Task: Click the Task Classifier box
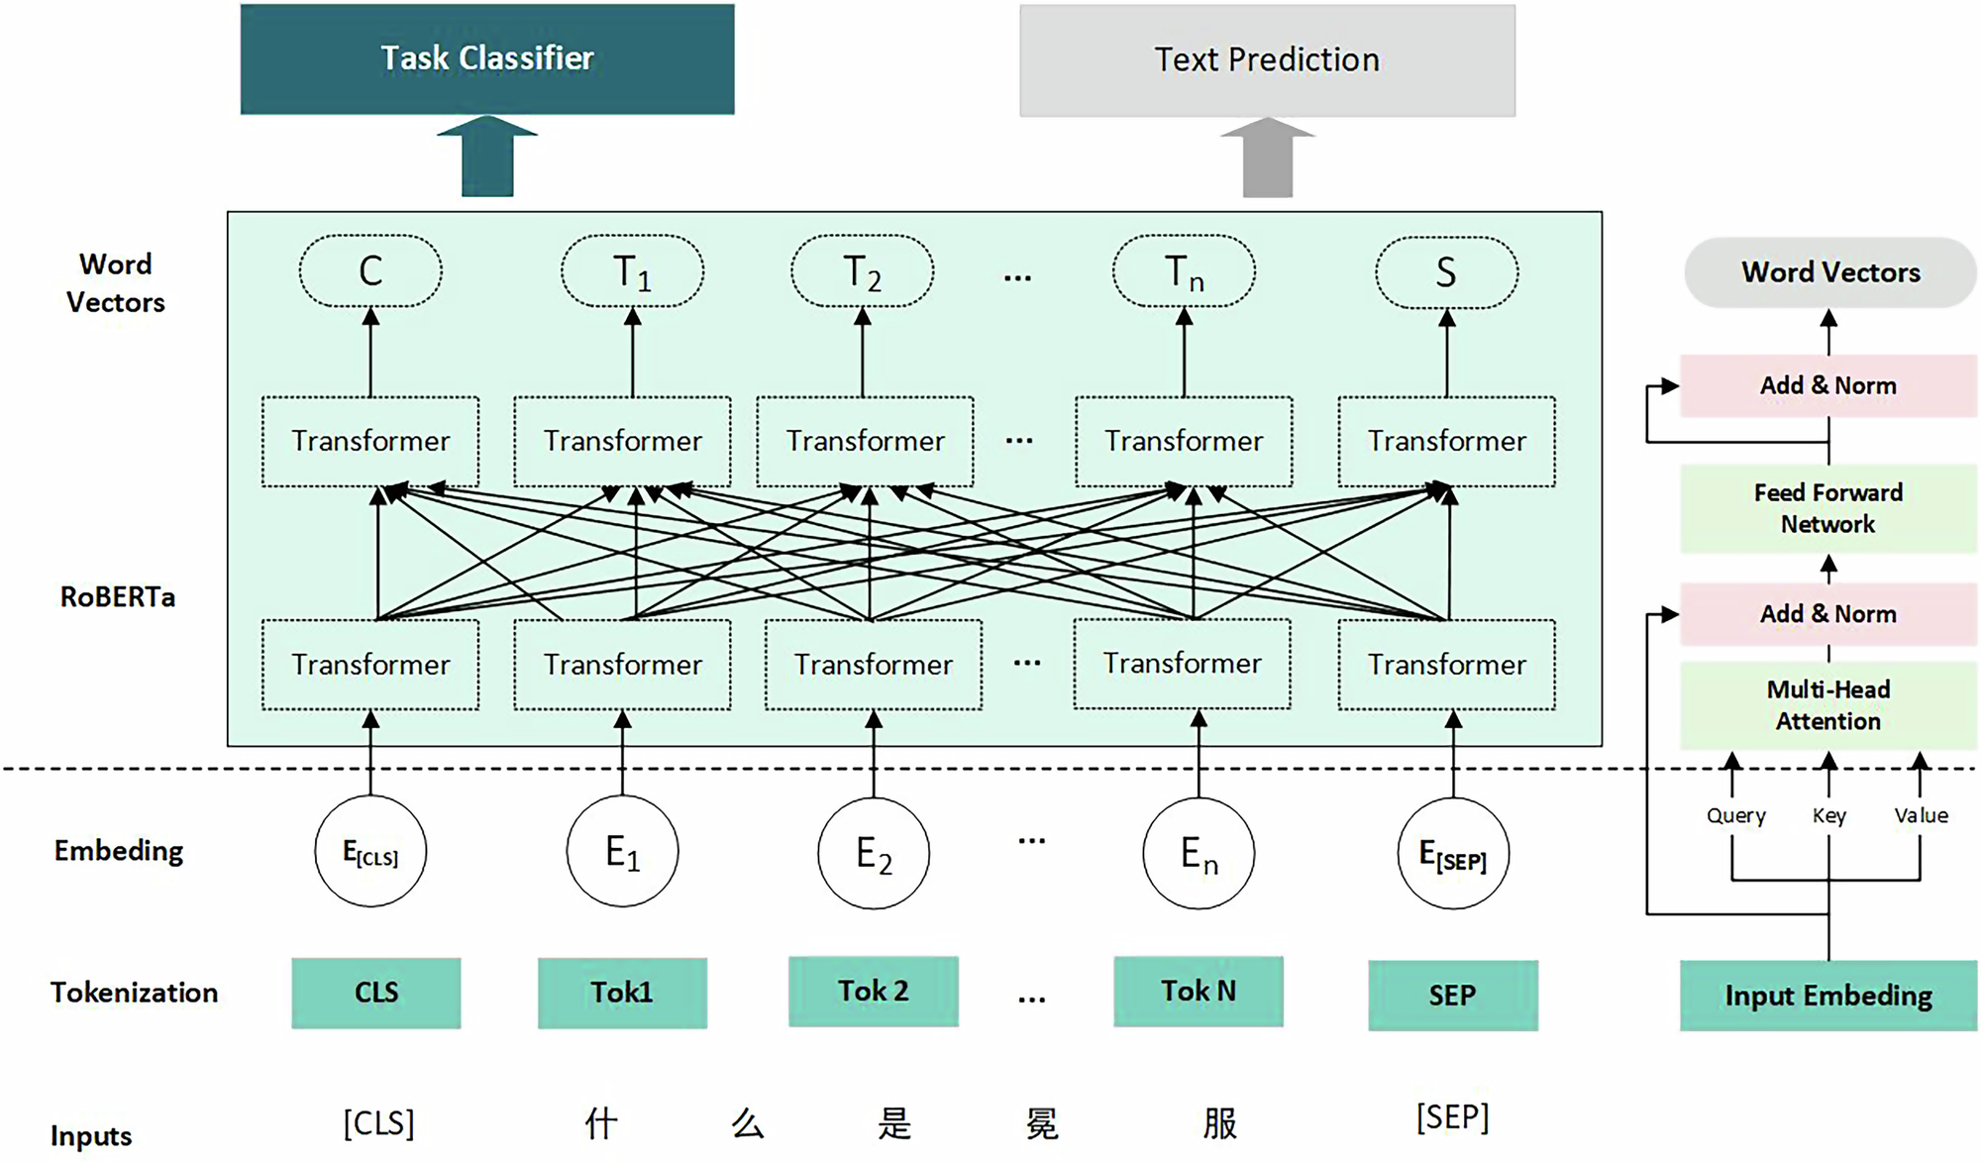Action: click(487, 59)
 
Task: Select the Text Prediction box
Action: click(1267, 60)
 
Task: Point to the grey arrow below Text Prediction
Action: click(1267, 159)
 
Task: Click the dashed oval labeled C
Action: click(370, 270)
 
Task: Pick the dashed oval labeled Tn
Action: click(1184, 270)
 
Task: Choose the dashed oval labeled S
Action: click(1446, 271)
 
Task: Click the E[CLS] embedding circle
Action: click(370, 851)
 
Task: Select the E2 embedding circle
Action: click(874, 853)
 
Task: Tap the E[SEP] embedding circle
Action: click(1453, 853)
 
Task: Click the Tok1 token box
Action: click(622, 993)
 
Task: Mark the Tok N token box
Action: click(1199, 991)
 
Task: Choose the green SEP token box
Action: click(1453, 995)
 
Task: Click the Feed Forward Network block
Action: click(1828, 508)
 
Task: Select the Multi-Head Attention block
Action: click(1828, 704)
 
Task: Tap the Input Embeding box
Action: click(1828, 996)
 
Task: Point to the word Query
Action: click(1735, 815)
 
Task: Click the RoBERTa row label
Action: click(118, 596)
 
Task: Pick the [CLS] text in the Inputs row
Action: click(378, 1123)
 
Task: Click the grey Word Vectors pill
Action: click(1830, 272)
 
